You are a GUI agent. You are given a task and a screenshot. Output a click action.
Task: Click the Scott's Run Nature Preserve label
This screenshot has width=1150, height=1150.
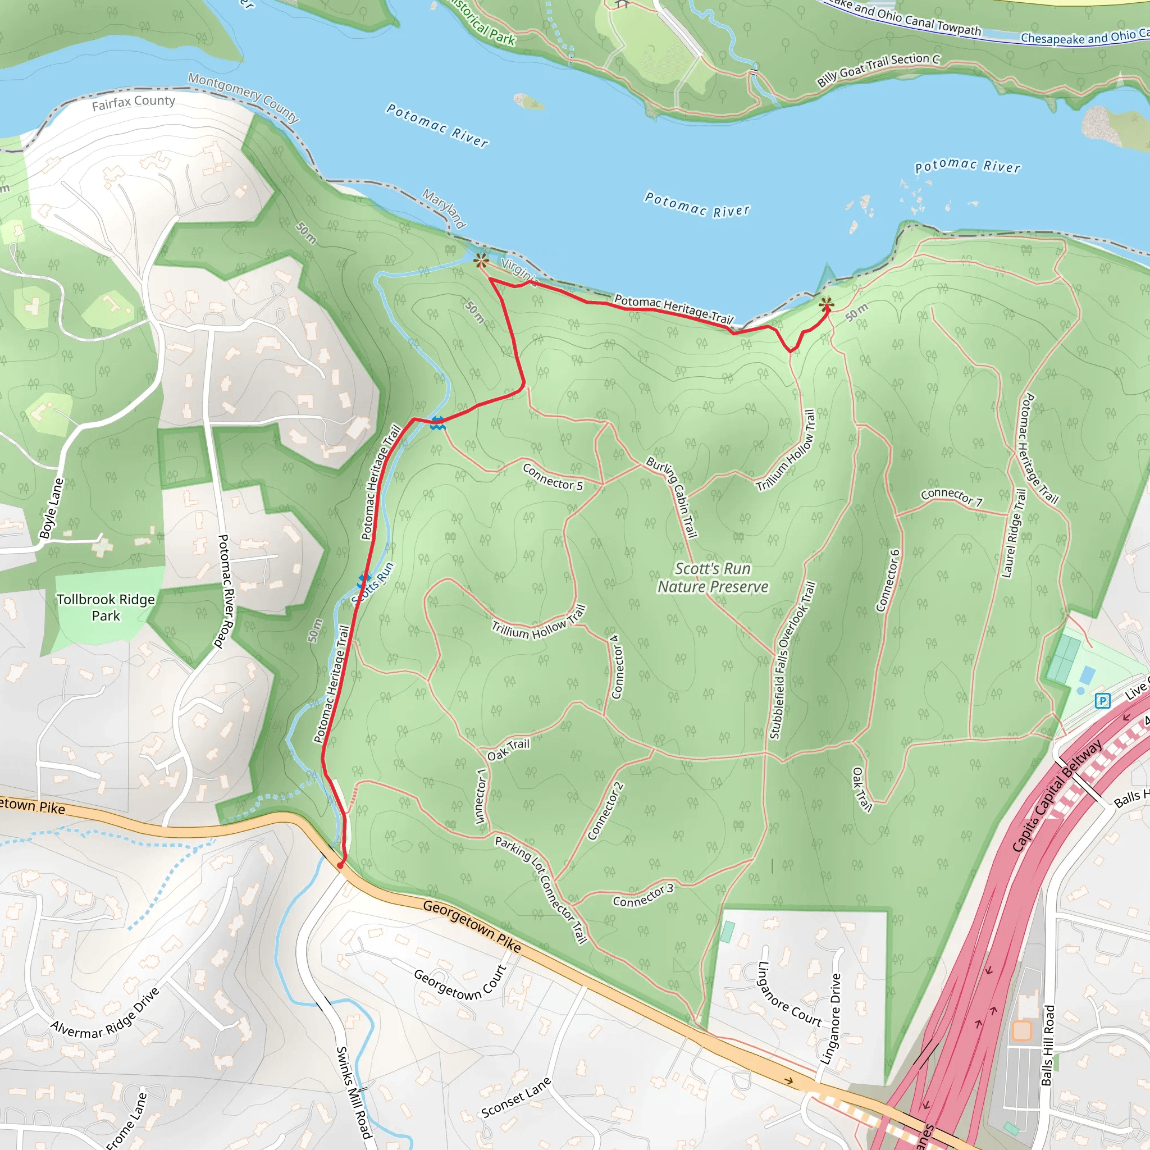click(713, 577)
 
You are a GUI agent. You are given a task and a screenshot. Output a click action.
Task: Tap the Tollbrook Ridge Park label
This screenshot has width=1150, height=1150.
click(106, 607)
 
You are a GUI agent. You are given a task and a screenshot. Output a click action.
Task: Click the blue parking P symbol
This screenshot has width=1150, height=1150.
click(1102, 701)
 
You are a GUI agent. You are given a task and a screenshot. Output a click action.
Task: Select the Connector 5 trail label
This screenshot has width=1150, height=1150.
click(553, 477)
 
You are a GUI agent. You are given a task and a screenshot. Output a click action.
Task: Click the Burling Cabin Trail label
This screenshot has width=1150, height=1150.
click(672, 496)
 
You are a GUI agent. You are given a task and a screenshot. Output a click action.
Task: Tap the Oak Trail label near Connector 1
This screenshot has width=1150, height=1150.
click(508, 750)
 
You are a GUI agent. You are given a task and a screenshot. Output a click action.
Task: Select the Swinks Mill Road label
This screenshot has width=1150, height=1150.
click(354, 1093)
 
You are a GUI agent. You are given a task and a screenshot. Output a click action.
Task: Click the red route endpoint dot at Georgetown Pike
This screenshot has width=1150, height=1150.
click(340, 865)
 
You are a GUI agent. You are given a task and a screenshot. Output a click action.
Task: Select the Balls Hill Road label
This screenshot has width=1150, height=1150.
click(1048, 1044)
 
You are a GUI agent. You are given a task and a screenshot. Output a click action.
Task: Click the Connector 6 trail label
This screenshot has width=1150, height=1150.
click(888, 581)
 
